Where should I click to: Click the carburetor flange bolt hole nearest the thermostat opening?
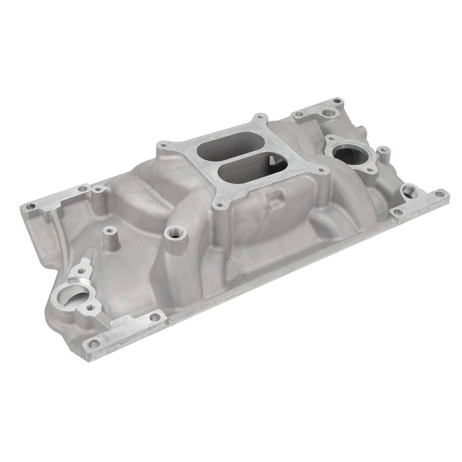321,171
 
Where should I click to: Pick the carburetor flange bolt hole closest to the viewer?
220,205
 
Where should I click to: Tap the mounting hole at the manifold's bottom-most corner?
94,344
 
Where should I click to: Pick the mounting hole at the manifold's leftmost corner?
30,207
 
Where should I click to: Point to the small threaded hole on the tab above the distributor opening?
81,271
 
